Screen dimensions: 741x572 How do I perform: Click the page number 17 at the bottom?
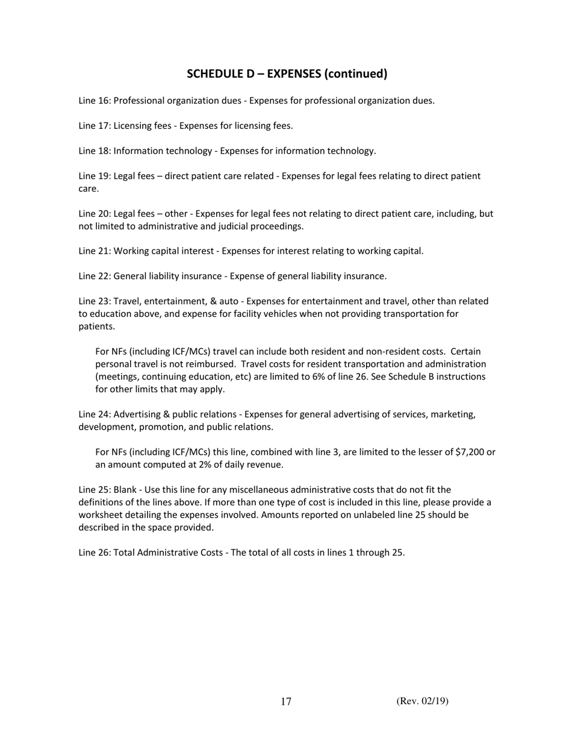tap(286, 701)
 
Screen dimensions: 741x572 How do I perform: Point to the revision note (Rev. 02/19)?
tap(422, 701)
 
